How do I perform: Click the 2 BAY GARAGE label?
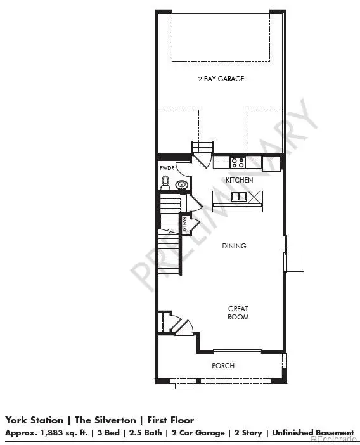[220, 79]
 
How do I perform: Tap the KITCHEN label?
[240, 180]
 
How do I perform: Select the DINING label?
[234, 246]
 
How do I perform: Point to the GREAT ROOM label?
[238, 313]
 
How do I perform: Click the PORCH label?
[223, 366]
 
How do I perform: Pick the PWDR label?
[167, 169]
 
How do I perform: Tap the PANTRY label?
[184, 224]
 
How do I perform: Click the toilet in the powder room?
[165, 183]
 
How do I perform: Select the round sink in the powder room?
[181, 185]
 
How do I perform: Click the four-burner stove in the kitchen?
[238, 162]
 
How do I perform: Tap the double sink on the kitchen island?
[239, 197]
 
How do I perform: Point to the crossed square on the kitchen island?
[254, 197]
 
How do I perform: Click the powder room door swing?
[183, 169]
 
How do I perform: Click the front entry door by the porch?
[184, 327]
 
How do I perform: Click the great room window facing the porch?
[236, 351]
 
